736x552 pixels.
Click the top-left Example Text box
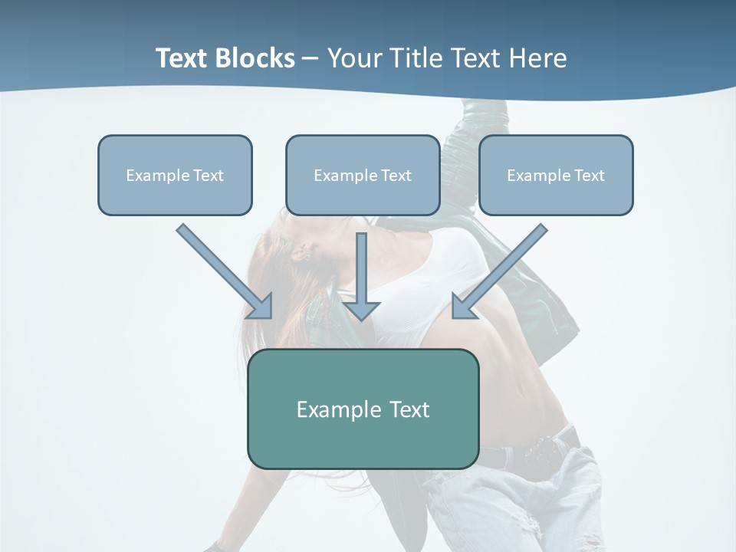[175, 175]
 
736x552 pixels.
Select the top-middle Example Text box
[363, 175]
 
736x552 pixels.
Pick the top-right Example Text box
[556, 175]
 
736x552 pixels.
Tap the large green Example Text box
[363, 409]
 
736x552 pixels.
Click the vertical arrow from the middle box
[361, 276]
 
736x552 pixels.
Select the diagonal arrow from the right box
[500, 271]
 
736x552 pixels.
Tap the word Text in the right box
[590, 175]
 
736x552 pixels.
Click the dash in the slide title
[310, 58]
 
